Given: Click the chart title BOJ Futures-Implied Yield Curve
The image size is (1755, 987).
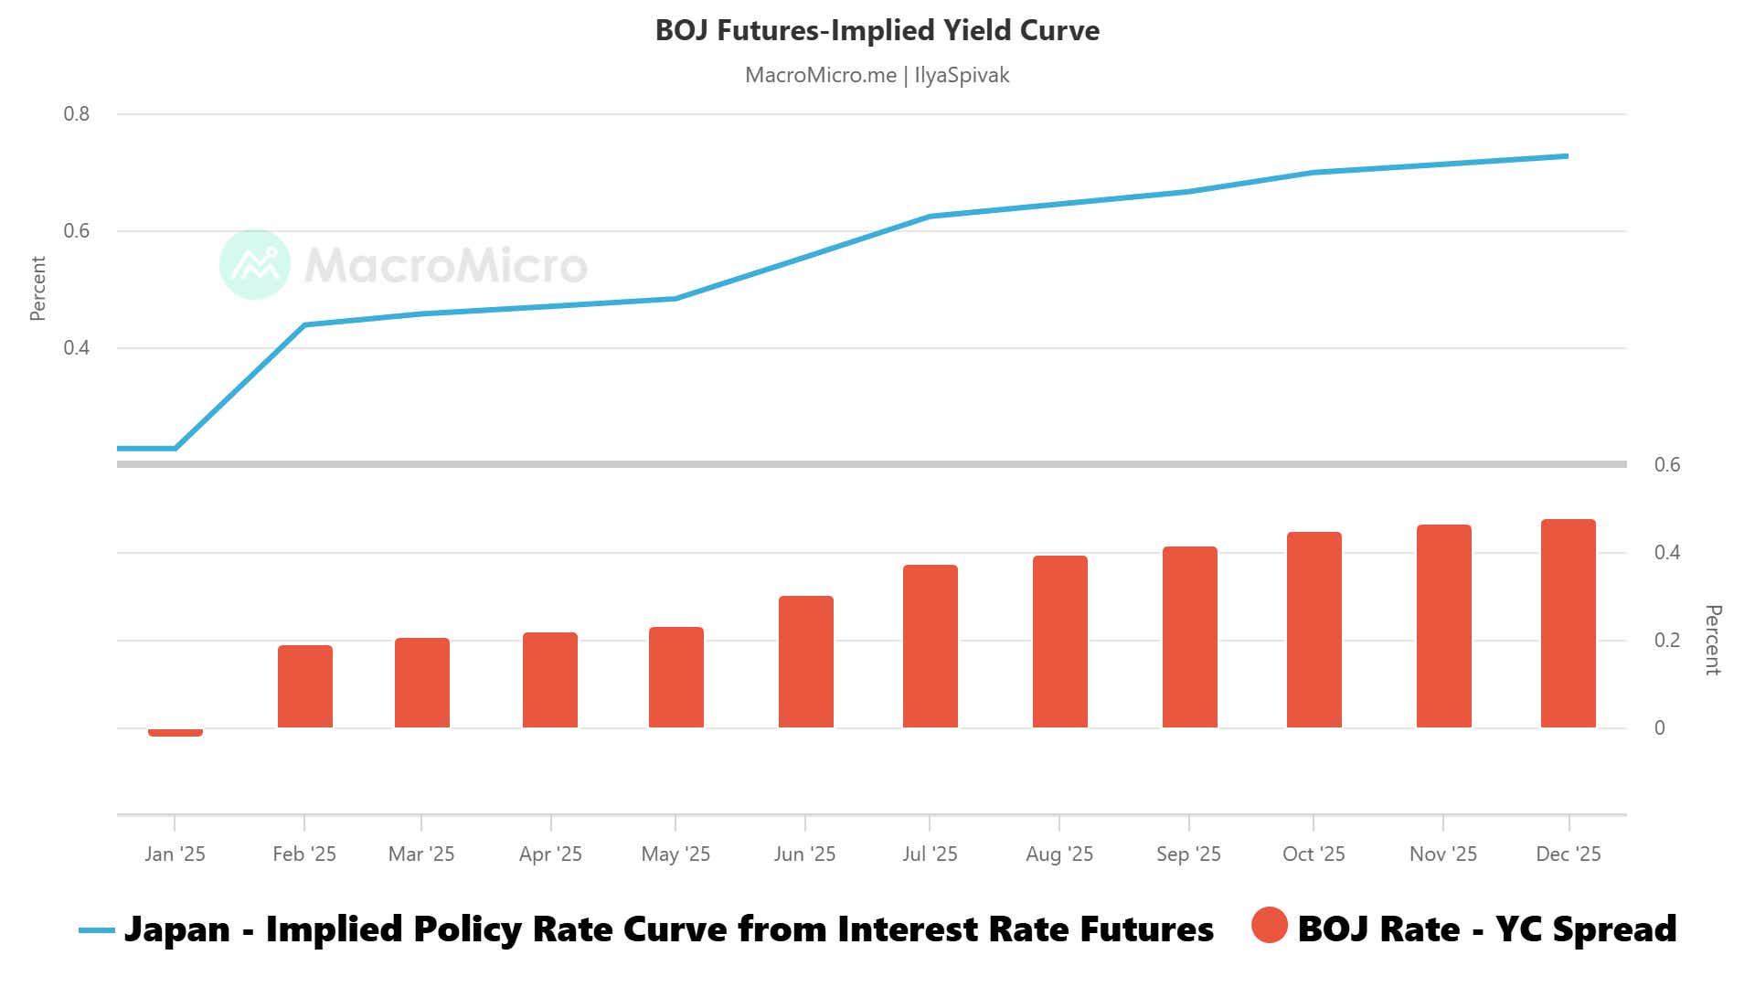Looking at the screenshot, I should pyautogui.click(x=877, y=30).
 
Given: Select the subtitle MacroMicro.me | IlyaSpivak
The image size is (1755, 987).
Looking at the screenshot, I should pyautogui.click(x=877, y=75).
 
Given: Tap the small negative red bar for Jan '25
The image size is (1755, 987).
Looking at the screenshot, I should pyautogui.click(x=175, y=732).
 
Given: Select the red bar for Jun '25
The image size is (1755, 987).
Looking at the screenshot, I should pyautogui.click(x=805, y=663).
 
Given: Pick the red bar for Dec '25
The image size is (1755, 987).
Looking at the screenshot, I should pyautogui.click(x=1568, y=624).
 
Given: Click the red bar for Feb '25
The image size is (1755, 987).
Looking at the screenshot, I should pyautogui.click(x=304, y=687).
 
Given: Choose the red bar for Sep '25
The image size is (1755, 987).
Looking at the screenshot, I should pyautogui.click(x=1189, y=638).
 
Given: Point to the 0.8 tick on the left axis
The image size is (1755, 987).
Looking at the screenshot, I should pyautogui.click(x=77, y=114).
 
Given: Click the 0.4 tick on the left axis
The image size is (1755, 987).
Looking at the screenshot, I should pyautogui.click(x=77, y=348).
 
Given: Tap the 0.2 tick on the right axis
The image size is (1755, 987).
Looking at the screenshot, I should pyautogui.click(x=1666, y=641).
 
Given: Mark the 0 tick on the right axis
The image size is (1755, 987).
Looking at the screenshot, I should pyautogui.click(x=1660, y=728).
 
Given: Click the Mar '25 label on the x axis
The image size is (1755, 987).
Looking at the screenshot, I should pyautogui.click(x=421, y=854).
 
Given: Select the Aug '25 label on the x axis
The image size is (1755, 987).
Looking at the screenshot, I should pyautogui.click(x=1059, y=854).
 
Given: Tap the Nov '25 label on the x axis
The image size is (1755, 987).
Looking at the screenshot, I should pyautogui.click(x=1442, y=854).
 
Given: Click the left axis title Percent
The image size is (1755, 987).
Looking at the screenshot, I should pyautogui.click(x=37, y=289).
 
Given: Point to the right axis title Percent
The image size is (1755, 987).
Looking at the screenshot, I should pyautogui.click(x=1713, y=640).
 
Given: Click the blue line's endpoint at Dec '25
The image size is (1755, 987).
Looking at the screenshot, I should pyautogui.click(x=1567, y=156).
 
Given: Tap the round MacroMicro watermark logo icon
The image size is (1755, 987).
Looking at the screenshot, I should pyautogui.click(x=255, y=264).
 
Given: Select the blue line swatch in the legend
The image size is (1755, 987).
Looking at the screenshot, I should pyautogui.click(x=97, y=930).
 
